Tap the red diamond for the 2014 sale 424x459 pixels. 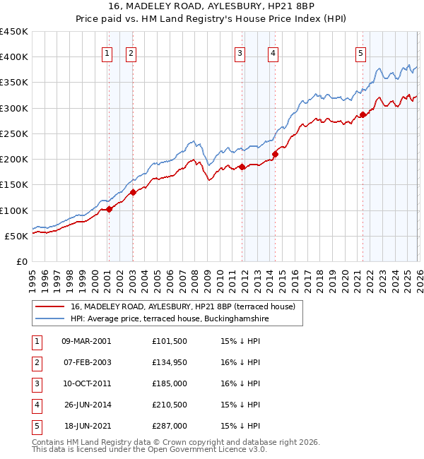point(275,155)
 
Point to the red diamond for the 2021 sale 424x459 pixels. point(363,114)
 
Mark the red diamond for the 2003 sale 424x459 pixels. point(133,191)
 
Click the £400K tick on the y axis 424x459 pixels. point(14,57)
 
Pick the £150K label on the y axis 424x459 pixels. point(14,185)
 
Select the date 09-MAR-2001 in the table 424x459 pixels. point(86,341)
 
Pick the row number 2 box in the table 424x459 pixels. point(36,362)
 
